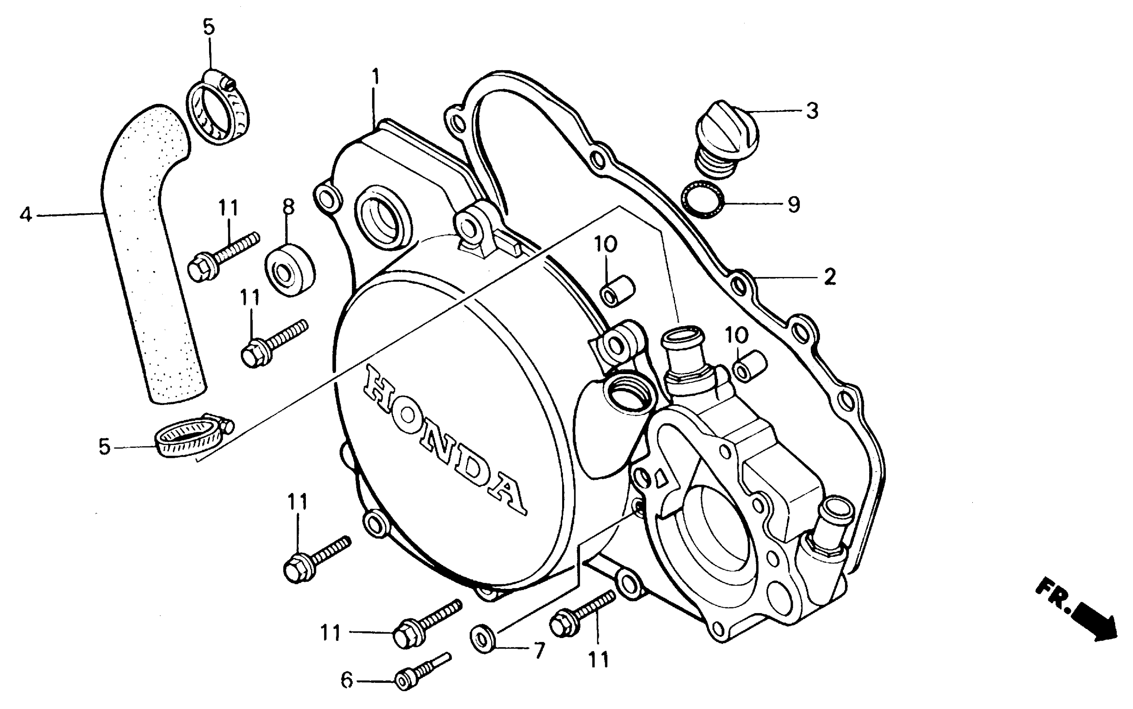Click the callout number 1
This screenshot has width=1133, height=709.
pos(375,78)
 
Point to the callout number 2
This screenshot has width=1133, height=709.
pos(830,277)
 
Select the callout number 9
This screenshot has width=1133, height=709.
pos(793,204)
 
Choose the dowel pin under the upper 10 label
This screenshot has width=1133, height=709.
pos(617,291)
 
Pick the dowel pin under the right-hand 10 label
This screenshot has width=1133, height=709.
pos(751,366)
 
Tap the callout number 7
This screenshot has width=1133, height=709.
pos(540,651)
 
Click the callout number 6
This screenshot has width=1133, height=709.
pos(346,680)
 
